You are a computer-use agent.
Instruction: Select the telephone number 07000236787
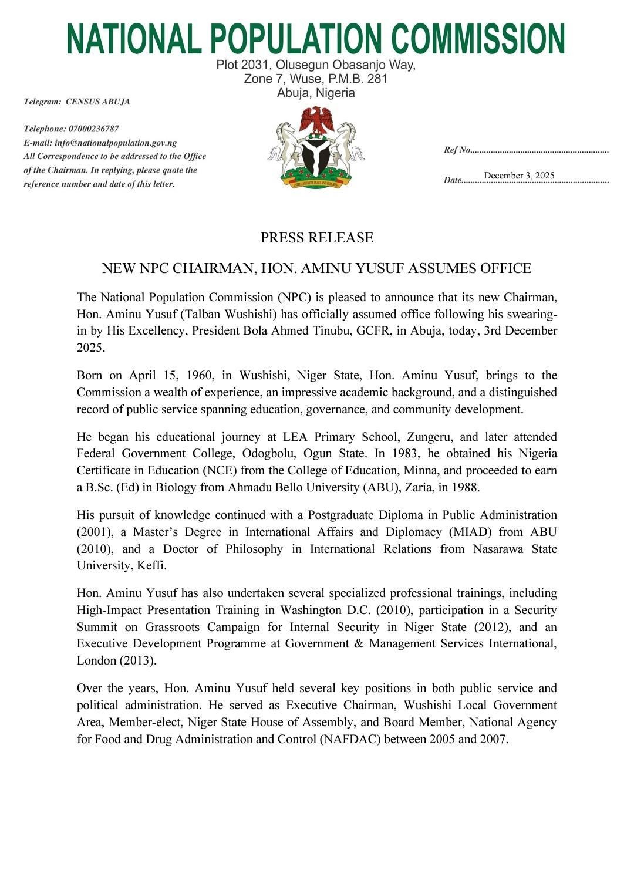tap(93, 129)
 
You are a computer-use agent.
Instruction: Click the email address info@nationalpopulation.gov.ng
tap(116, 143)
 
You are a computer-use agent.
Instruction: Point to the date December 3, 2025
tap(519, 176)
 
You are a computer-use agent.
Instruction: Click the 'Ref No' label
tap(457, 150)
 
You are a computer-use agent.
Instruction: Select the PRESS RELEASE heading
tap(316, 238)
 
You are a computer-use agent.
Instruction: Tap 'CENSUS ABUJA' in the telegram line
tap(97, 102)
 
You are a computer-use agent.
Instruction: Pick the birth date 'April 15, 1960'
tap(166, 375)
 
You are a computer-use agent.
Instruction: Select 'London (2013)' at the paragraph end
tap(116, 660)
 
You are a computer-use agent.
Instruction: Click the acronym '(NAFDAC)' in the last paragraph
tap(351, 739)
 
